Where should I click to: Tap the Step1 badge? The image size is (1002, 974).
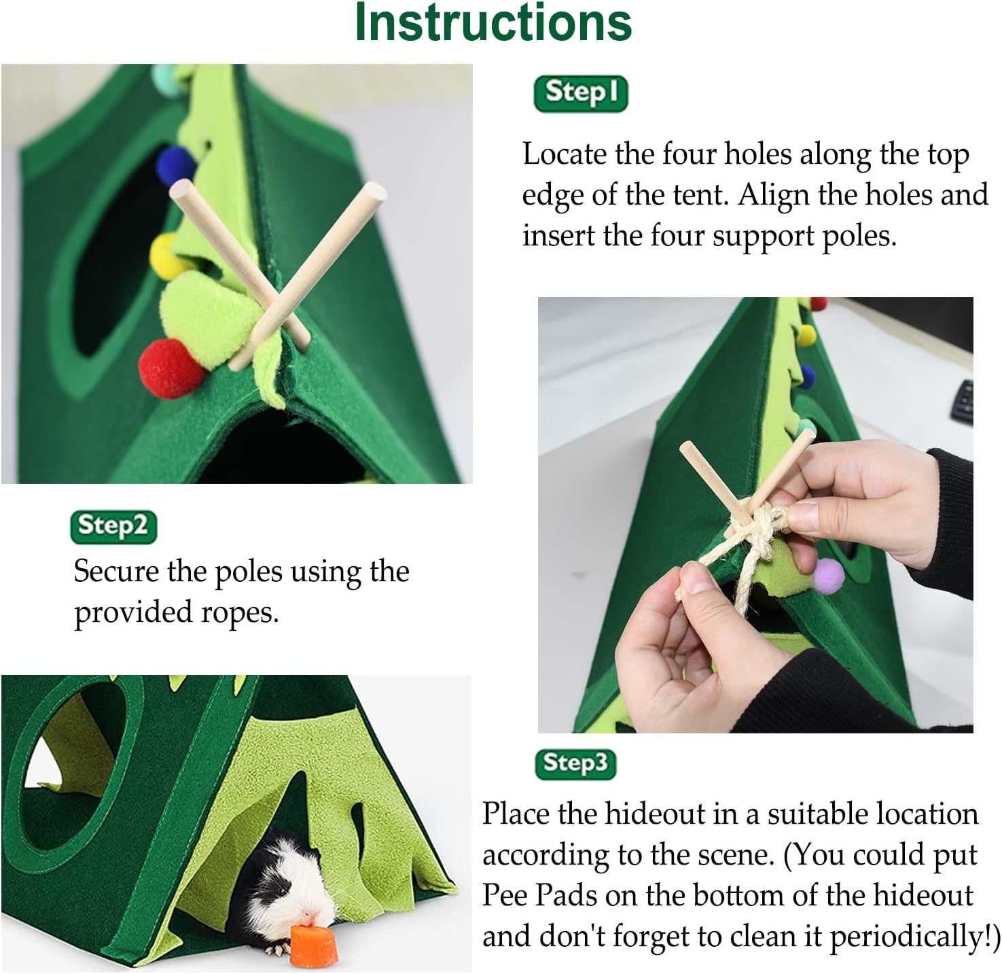pos(581,94)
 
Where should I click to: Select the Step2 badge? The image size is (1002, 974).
pos(113,527)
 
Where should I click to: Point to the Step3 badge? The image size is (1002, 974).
pos(575,765)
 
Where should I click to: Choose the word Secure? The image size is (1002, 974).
pos(116,571)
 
